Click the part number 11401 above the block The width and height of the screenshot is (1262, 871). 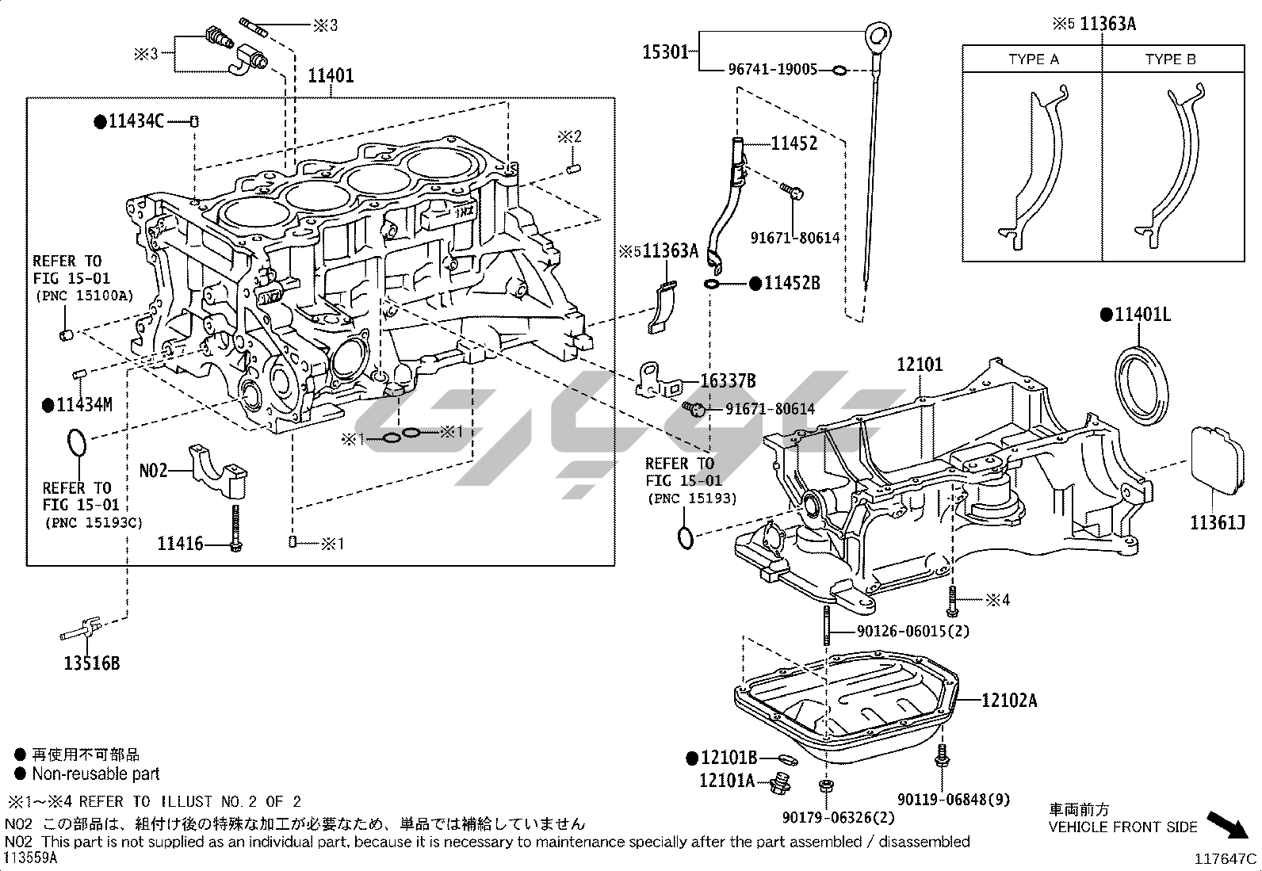[x=331, y=76]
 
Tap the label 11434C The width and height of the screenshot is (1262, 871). [x=136, y=121]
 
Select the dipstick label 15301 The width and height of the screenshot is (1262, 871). [x=665, y=52]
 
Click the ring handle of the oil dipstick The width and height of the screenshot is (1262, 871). [x=876, y=36]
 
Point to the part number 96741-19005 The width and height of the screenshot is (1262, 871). [x=772, y=70]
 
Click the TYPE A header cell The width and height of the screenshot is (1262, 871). [x=1033, y=59]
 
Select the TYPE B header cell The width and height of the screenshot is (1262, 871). [x=1170, y=59]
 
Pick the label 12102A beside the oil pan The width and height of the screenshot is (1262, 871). [x=1009, y=701]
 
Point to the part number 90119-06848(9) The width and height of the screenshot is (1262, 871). [x=954, y=800]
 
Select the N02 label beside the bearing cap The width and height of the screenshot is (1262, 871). [x=153, y=471]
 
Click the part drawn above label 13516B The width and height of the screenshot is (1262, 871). [x=79, y=631]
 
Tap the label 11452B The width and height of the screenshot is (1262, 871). [x=791, y=283]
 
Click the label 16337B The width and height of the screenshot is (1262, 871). [x=728, y=381]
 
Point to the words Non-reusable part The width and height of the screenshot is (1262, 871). [x=96, y=774]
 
